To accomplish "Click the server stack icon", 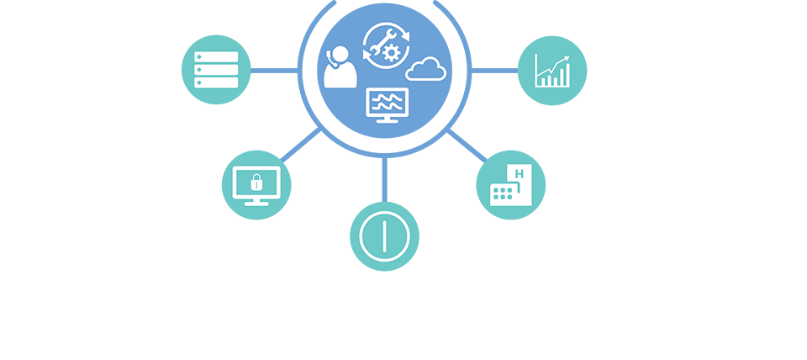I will (216, 70).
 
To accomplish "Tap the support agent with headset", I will (340, 67).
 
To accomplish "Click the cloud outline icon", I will (426, 69).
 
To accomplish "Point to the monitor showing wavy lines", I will (388, 103).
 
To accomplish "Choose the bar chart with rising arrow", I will (552, 71).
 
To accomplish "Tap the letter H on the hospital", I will (520, 174).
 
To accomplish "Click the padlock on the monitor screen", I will (256, 182).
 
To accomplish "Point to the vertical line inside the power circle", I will (384, 235).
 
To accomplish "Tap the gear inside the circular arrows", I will (389, 51).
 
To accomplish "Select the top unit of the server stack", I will (216, 57).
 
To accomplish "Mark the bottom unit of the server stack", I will (216, 82).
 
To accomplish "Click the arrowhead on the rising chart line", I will (567, 59).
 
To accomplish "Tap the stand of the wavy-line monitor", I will (388, 120).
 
